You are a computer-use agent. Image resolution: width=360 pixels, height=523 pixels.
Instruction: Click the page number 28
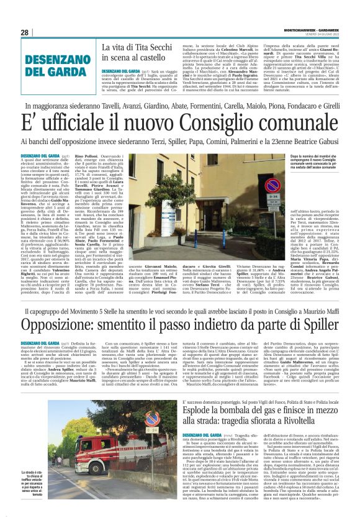pyautogui.click(x=25, y=32)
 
